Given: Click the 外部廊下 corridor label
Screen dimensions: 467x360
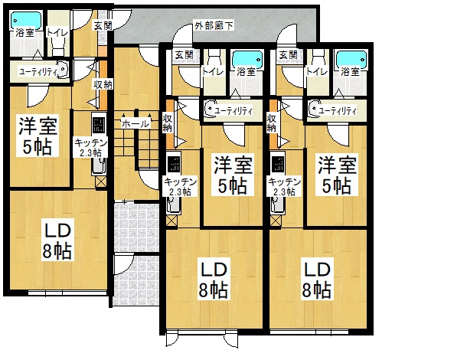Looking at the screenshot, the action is tap(214, 26).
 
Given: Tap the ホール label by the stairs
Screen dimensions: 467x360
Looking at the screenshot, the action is tap(136, 123).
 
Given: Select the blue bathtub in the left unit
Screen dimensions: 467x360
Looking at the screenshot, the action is tap(26, 20).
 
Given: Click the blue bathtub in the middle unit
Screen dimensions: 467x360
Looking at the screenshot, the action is tap(247, 59).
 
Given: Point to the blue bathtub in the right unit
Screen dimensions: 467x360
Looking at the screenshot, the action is tap(351, 59).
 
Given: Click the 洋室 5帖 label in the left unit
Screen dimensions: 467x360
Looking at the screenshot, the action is tap(38, 136).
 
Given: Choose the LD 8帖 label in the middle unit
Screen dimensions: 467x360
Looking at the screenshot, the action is tap(214, 280).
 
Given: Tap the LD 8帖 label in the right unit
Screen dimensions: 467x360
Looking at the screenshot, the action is tap(317, 280).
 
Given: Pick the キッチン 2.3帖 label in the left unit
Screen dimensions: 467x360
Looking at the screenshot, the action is tap(90, 148).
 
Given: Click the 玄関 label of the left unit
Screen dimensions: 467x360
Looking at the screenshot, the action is tap(103, 25).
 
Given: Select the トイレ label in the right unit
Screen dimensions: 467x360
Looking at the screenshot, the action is tap(317, 71).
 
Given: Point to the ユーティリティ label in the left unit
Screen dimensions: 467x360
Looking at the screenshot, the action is tap(38, 72).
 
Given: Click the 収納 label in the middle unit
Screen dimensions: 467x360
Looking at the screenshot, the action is tap(168, 123).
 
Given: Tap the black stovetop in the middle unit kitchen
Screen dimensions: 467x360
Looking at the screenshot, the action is tap(173, 162).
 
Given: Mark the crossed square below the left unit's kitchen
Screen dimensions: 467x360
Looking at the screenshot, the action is tap(100, 182).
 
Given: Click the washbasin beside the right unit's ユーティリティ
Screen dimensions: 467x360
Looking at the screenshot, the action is tap(313, 110).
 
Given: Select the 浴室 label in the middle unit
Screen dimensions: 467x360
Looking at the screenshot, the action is tap(247, 71).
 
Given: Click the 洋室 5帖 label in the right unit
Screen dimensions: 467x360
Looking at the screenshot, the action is tap(337, 175).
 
